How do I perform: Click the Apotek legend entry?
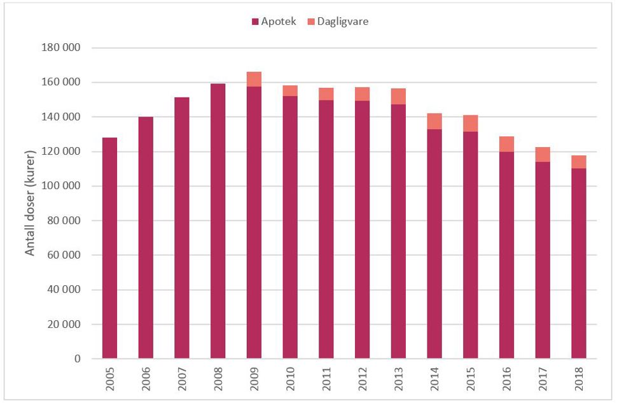pos(274,22)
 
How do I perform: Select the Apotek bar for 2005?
pos(109,248)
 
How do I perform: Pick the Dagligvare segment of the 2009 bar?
pos(254,80)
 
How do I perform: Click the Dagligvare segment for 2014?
pos(434,121)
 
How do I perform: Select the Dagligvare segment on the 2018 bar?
pos(579,162)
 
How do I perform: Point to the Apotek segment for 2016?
pos(507,255)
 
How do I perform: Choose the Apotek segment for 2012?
pos(362,229)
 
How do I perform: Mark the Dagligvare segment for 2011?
pos(326,94)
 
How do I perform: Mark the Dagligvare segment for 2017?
pos(543,155)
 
